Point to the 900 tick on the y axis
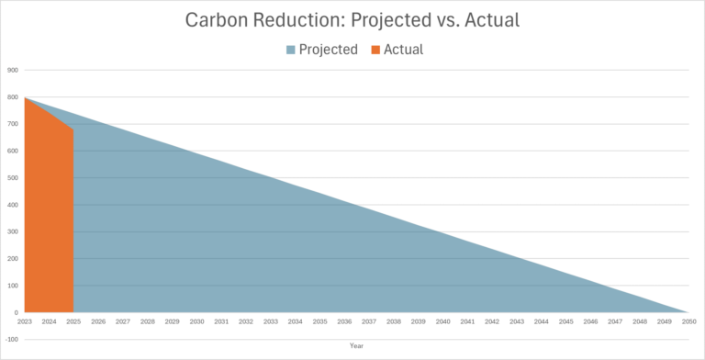13,70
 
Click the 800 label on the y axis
13,97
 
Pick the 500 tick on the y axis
13,178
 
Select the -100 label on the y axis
12,340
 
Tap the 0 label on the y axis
16,313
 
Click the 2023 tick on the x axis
25,321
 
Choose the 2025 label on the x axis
73,321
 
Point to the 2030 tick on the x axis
196,321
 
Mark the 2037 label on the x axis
369,321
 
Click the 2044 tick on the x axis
541,321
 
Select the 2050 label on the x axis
688,321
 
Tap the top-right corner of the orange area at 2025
73,129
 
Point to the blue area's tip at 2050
687,312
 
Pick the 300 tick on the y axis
13,232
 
